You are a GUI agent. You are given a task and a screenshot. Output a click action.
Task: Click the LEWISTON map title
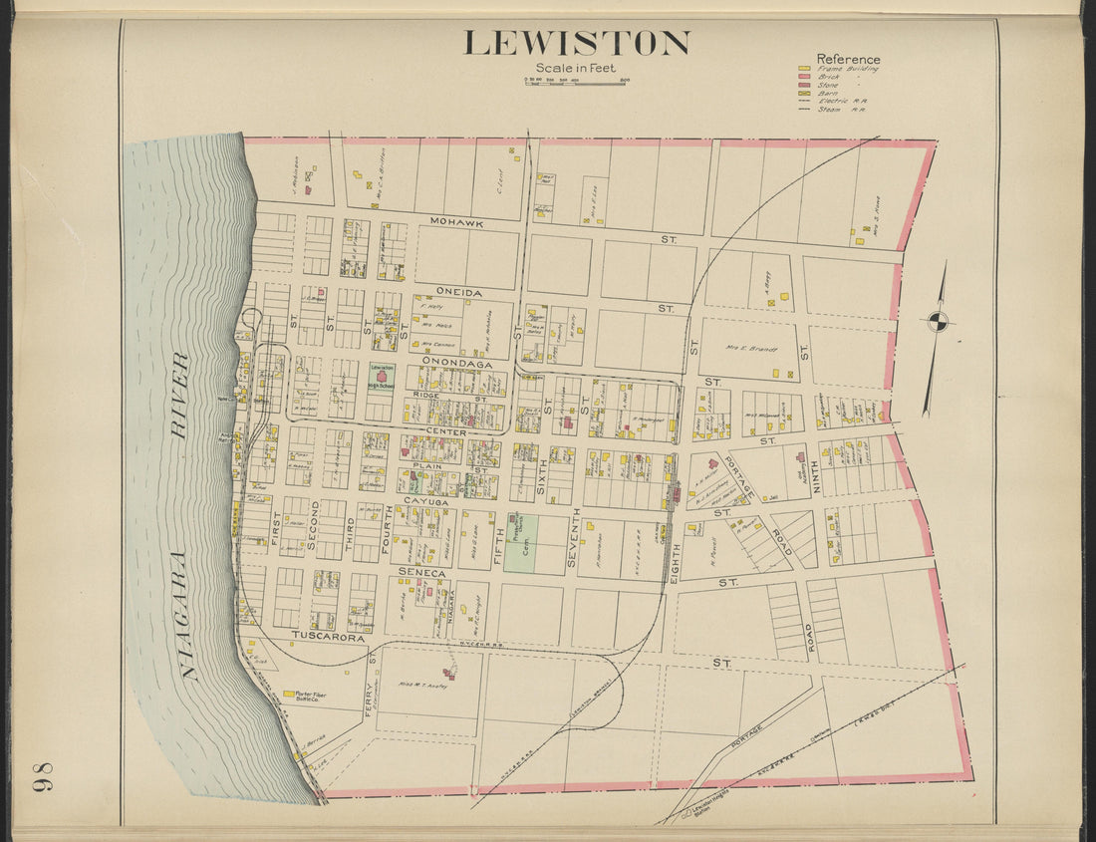(576, 43)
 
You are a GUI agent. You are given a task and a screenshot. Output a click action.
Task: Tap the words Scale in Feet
(575, 68)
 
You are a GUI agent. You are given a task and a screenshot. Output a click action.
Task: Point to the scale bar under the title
(576, 80)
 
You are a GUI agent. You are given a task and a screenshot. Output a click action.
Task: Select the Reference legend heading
(848, 59)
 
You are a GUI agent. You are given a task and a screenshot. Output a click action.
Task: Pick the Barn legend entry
(833, 93)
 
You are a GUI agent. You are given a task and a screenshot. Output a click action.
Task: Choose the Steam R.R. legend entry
(834, 110)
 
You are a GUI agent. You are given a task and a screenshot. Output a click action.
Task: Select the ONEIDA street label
(458, 292)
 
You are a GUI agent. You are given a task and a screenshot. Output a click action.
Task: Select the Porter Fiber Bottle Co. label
(305, 697)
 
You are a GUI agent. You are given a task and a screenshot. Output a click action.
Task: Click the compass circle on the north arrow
(938, 320)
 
